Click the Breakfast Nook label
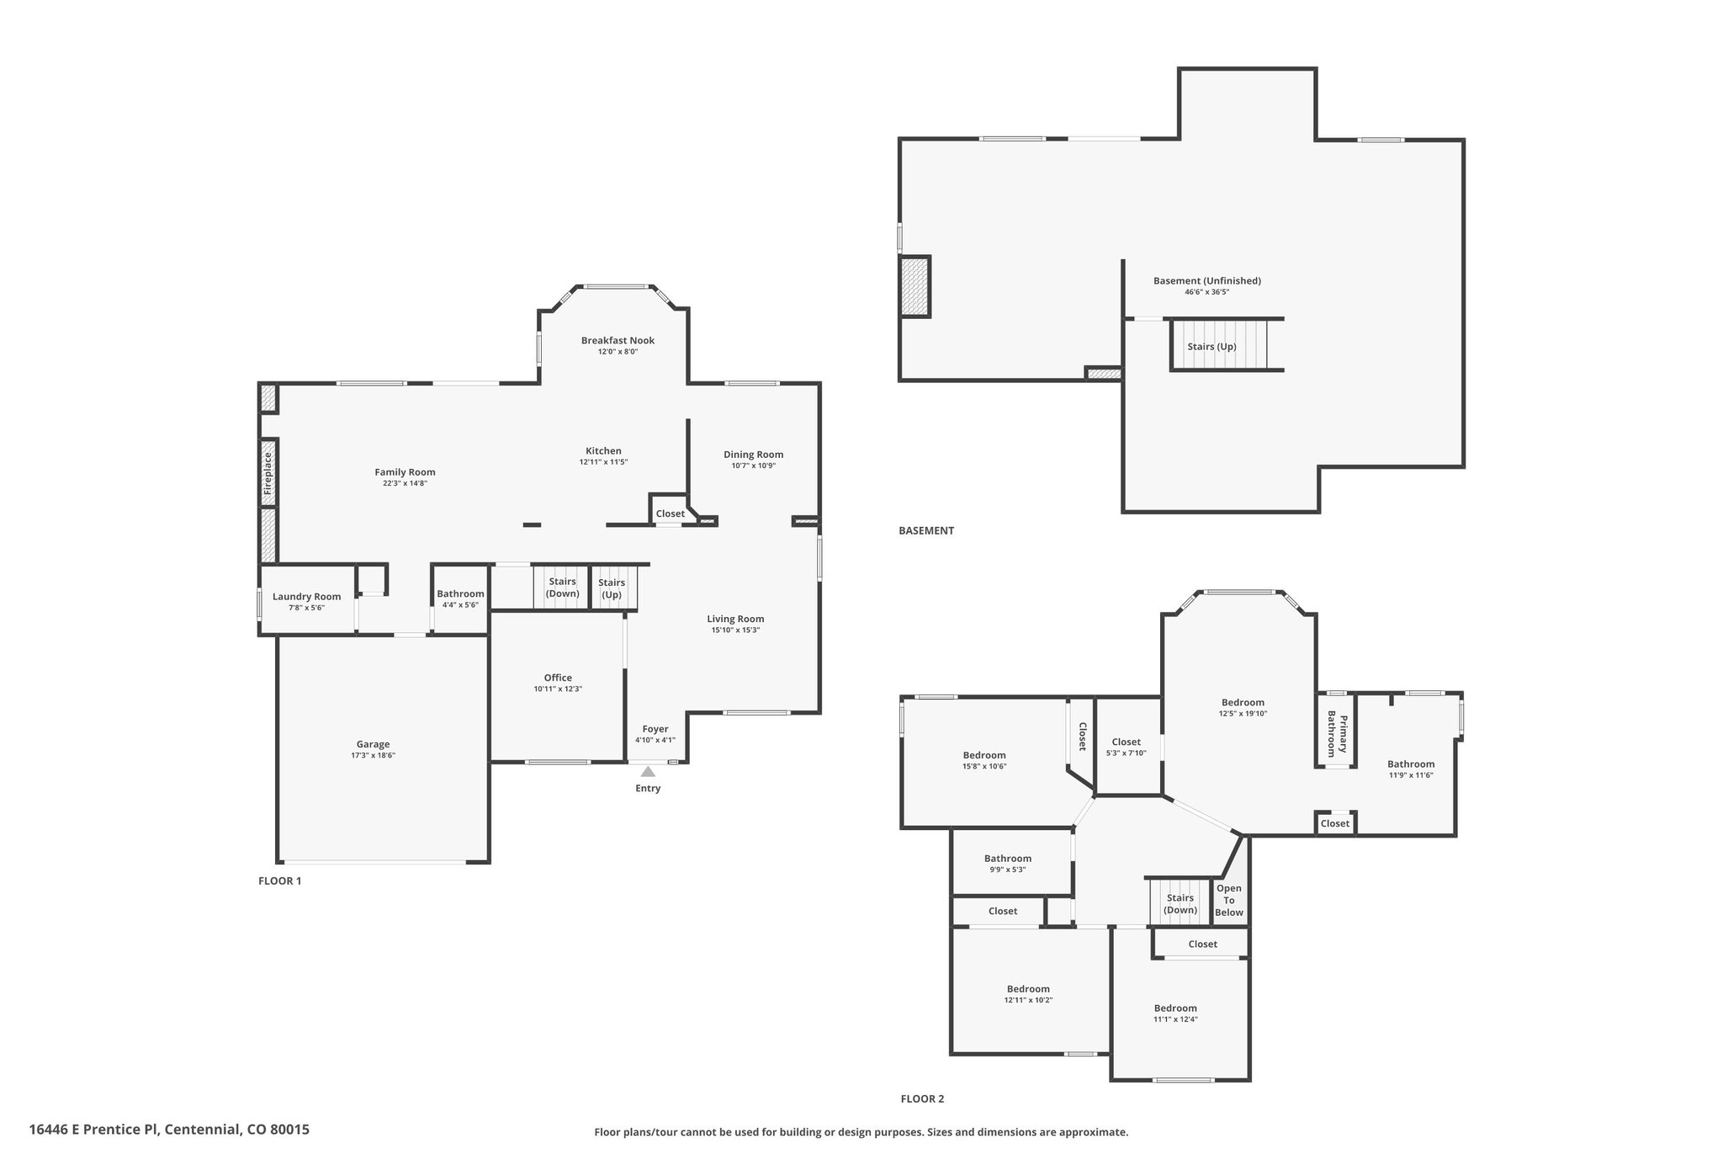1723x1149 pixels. [618, 341]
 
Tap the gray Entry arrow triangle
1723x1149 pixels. [648, 771]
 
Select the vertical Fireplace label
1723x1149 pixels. [268, 472]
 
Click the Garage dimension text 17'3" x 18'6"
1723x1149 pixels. [373, 756]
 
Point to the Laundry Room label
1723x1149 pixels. [306, 597]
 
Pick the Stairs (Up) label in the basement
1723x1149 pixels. [1211, 347]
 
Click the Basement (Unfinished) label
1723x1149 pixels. [1206, 281]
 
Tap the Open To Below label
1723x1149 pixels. [1229, 900]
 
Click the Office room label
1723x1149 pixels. [558, 678]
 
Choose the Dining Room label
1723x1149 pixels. [753, 455]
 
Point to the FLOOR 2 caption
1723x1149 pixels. [922, 1098]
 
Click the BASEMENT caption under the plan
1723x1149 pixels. [926, 530]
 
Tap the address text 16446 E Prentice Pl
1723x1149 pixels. [95, 1129]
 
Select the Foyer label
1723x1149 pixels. [655, 729]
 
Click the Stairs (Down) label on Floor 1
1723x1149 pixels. [562, 588]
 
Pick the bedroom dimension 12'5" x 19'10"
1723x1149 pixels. [1243, 714]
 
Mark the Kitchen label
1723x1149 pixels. [603, 451]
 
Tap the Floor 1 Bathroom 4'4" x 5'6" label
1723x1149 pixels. [460, 598]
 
